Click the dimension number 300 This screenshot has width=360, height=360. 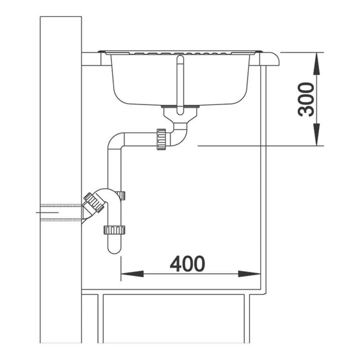coord(306,99)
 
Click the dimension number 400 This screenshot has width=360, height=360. coord(187,264)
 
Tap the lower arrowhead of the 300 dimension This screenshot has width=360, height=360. coord(316,135)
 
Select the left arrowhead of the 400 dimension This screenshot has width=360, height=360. coord(132,274)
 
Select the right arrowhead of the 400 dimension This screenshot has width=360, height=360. coord(249,274)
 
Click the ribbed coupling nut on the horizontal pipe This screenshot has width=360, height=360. coord(161,139)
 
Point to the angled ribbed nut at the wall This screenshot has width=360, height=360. coord(94,202)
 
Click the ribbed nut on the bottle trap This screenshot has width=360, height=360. coord(114,230)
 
